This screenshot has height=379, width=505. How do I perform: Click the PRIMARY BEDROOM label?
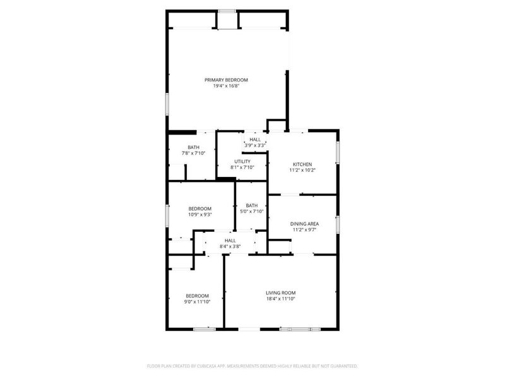click(226, 80)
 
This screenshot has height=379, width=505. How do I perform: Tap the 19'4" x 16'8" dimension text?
click(226, 86)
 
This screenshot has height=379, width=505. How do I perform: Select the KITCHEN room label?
click(302, 164)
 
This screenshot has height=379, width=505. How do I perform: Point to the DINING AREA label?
click(304, 224)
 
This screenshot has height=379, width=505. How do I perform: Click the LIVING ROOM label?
click(280, 292)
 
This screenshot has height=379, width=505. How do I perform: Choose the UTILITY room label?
click(242, 162)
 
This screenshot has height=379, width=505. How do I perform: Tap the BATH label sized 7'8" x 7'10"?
click(193, 147)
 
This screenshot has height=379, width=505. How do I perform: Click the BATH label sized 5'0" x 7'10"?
click(252, 205)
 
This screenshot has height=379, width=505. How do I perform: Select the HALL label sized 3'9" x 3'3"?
click(254, 140)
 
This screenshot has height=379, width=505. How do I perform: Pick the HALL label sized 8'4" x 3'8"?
click(230, 240)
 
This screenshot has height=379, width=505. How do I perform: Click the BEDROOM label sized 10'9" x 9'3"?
click(199, 208)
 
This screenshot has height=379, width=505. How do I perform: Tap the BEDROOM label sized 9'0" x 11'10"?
click(197, 296)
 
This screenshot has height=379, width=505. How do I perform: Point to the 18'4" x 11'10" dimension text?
click(280, 298)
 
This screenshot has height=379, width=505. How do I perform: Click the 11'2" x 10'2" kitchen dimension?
click(302, 170)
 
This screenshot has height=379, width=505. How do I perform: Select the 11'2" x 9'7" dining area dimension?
click(304, 229)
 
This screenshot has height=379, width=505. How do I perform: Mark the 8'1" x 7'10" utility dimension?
click(242, 167)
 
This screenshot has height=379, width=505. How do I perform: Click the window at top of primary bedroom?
click(227, 11)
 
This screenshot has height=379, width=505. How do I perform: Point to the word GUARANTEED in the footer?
click(341, 366)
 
